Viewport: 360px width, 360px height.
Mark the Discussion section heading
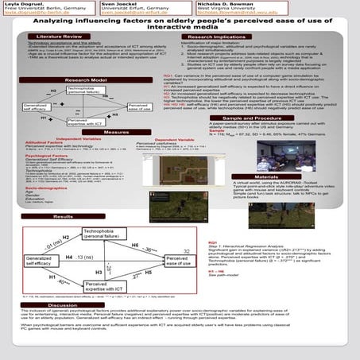63,305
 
